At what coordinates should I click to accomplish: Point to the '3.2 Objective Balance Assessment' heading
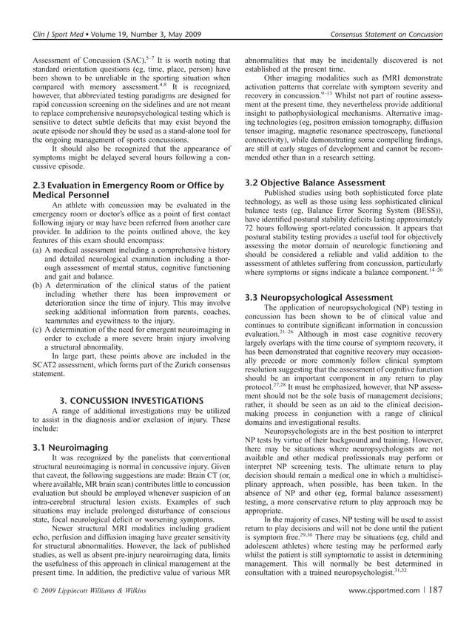[314, 183]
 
